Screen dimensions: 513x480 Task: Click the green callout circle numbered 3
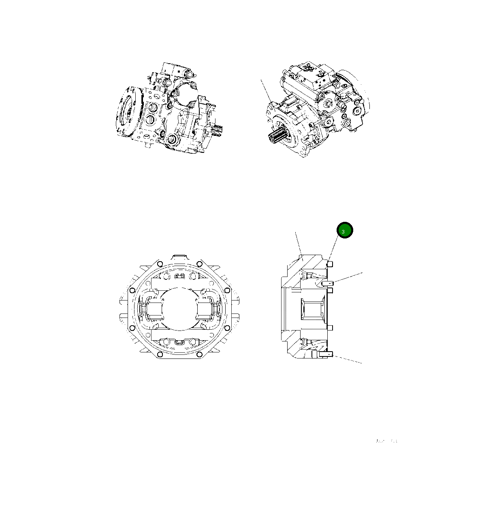point(345,230)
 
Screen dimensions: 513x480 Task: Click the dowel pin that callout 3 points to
point(330,264)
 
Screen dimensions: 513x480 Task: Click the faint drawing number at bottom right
point(386,441)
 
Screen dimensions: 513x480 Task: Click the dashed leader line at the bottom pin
point(348,359)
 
